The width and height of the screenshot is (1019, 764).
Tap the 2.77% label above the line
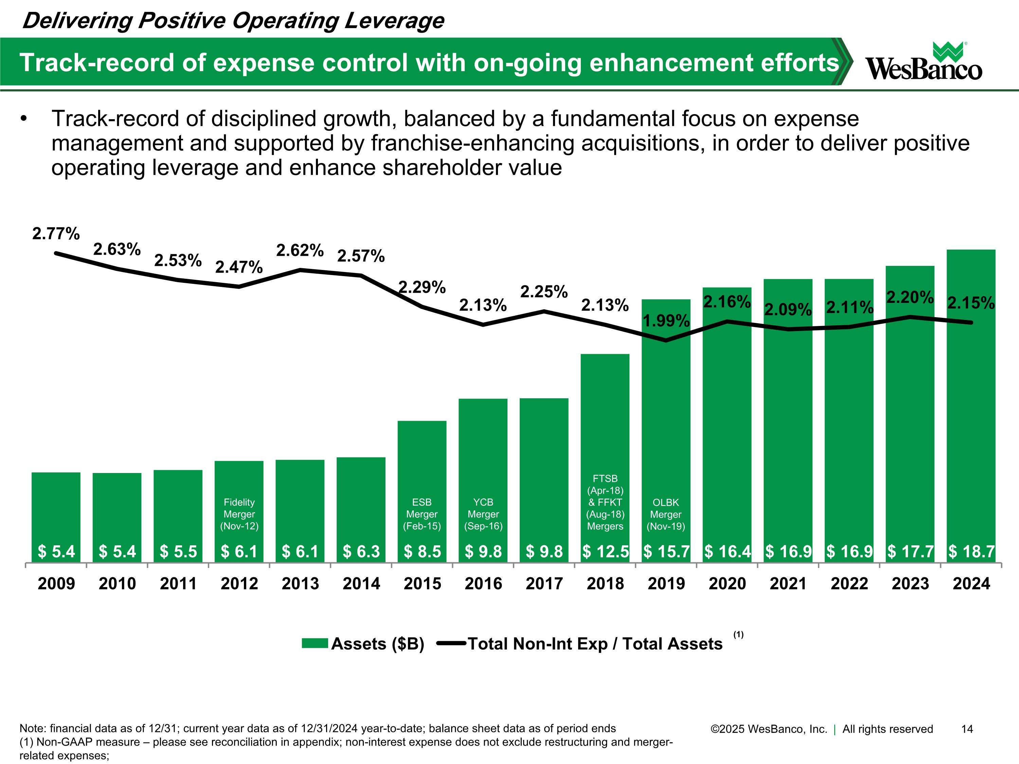pos(56,234)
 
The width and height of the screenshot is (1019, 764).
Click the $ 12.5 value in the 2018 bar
pos(605,551)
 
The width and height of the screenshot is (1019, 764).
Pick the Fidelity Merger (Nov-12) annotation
pos(239,514)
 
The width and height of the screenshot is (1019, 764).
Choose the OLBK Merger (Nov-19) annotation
pos(666,514)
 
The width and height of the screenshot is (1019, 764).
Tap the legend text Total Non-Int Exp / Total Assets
pos(595,644)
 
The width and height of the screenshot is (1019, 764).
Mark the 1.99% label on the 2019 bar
pos(666,321)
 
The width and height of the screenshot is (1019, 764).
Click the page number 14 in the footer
pos(967,729)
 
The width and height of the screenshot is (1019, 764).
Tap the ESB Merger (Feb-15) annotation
pos(422,514)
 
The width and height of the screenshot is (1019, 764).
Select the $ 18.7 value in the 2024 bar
pos(971,551)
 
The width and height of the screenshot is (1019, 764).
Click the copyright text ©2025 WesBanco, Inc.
pos(769,729)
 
